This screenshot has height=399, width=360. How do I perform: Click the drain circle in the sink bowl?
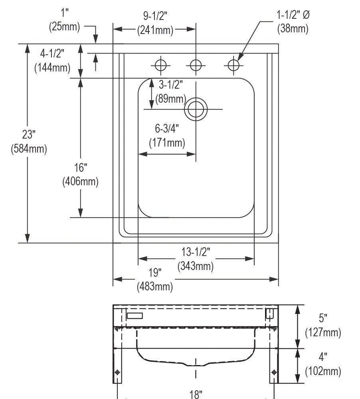point(196,109)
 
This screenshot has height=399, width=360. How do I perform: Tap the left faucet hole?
point(160,65)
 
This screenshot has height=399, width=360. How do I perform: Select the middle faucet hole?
point(196,65)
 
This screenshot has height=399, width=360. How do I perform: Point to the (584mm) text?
point(28,149)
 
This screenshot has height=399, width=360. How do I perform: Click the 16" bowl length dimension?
point(81,167)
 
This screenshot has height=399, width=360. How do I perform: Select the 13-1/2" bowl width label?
point(196,252)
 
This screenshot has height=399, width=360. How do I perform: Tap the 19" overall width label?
point(155,273)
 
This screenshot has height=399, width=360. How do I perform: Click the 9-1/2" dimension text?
point(155,16)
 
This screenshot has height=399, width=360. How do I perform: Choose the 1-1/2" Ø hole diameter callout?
point(293,15)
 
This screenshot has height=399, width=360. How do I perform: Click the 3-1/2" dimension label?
point(171,85)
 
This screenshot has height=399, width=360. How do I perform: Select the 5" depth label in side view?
point(323,318)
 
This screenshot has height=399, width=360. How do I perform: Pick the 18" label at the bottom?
point(196,395)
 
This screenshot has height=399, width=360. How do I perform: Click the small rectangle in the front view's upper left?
point(135,316)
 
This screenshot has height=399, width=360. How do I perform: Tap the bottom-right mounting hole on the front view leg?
point(274,372)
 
